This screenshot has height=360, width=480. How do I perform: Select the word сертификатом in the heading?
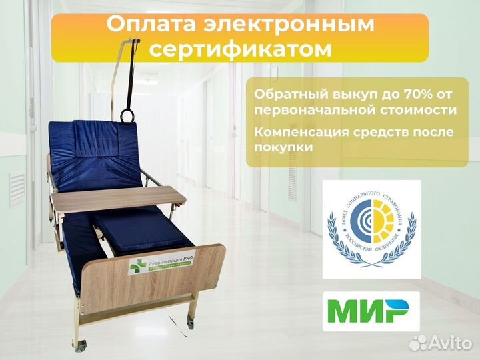[241, 49]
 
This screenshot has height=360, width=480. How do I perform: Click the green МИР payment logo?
[371, 311]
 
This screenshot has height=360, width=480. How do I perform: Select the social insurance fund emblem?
[371, 228]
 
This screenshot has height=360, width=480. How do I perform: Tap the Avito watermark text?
[447, 343]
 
